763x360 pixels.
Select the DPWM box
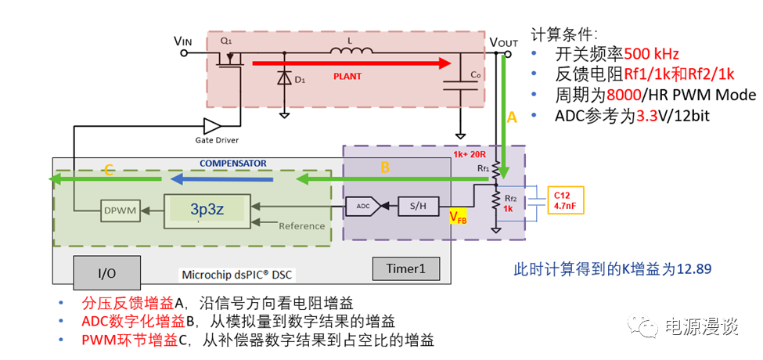pos(120,210)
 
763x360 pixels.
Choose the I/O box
pos(107,272)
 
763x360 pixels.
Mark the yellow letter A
pos(512,118)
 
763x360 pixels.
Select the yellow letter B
pos(385,167)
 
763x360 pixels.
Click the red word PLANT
pos(348,77)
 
